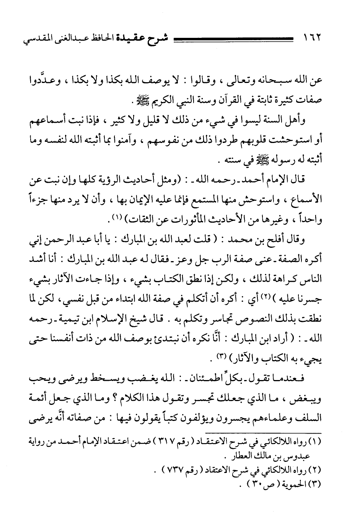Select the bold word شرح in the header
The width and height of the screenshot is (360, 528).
[x=163, y=39]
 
